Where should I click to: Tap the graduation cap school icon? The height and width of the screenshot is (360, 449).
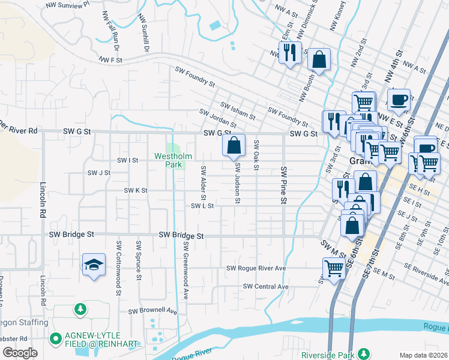pyautogui.click(x=94, y=265)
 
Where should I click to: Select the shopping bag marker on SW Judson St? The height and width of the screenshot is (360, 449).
pyautogui.click(x=234, y=145)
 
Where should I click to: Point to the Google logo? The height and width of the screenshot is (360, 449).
pyautogui.click(x=20, y=353)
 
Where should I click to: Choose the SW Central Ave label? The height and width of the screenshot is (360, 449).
pyautogui.click(x=265, y=287)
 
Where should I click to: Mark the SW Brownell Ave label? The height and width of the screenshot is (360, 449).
pyautogui.click(x=152, y=311)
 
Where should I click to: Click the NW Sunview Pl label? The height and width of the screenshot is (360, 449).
pyautogui.click(x=68, y=4)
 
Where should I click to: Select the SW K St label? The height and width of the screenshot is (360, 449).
pyautogui.click(x=136, y=190)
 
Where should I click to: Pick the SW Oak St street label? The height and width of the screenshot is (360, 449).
pyautogui.click(x=256, y=154)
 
